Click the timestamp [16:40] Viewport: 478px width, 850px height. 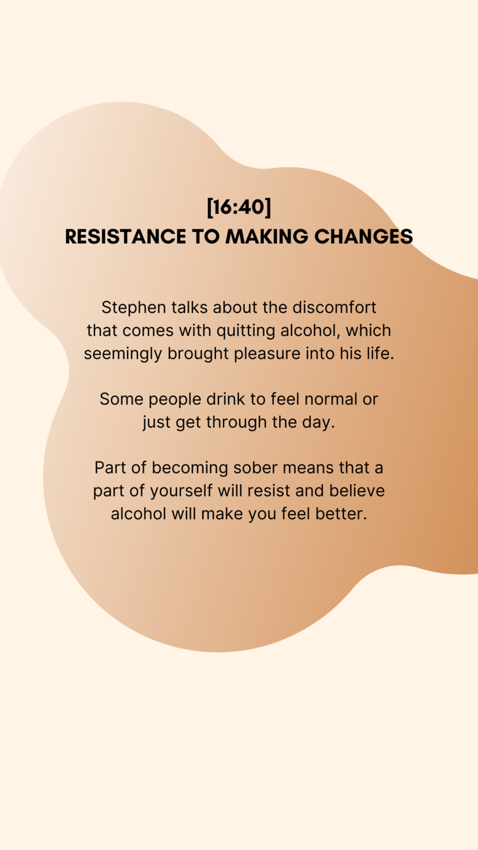[239, 207]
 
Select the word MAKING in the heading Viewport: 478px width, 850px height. [267, 236]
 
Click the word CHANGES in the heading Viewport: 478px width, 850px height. [364, 236]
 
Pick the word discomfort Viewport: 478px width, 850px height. [334, 308]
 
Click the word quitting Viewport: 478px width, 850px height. [246, 331]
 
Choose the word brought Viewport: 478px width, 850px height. [198, 354]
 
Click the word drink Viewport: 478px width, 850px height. [225, 399]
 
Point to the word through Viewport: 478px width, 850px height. [236, 423]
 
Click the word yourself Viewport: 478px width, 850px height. [181, 492]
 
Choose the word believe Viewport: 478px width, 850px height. [357, 491]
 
